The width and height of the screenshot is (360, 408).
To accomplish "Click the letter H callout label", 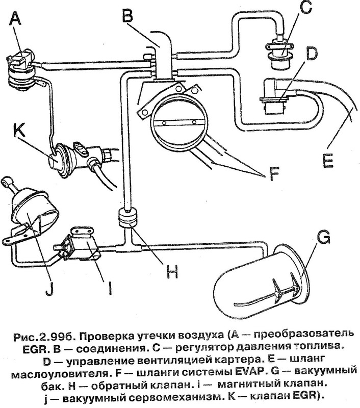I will [x=174, y=273].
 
